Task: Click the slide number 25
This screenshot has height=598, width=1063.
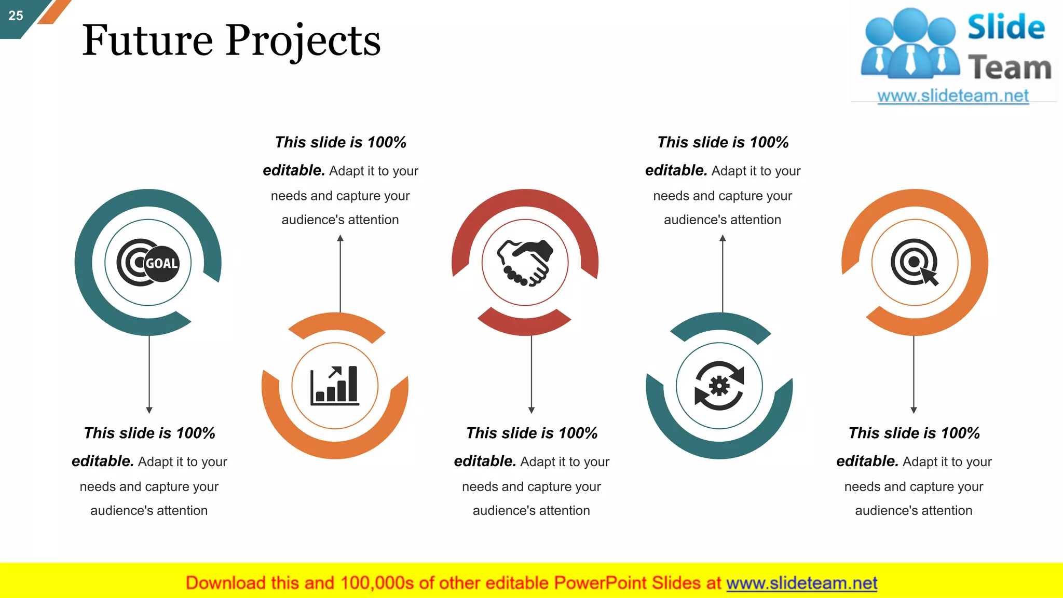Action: click(x=16, y=16)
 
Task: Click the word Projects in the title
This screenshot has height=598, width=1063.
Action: click(x=303, y=42)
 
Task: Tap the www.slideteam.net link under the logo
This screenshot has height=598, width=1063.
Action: click(x=952, y=96)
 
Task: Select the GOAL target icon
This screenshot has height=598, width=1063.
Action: click(x=148, y=263)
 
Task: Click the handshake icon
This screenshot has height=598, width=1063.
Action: click(x=525, y=263)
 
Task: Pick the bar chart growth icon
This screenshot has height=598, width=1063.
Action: click(x=335, y=386)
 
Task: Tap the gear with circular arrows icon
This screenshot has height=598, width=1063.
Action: click(x=719, y=386)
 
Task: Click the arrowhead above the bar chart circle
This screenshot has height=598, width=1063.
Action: click(x=340, y=238)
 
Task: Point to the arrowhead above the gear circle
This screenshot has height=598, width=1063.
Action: click(x=723, y=238)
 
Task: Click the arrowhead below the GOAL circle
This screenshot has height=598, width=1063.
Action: click(x=149, y=410)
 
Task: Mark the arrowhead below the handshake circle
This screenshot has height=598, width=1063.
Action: click(x=531, y=410)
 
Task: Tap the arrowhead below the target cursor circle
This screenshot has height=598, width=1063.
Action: click(x=914, y=410)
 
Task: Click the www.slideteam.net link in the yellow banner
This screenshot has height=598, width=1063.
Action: click(x=801, y=583)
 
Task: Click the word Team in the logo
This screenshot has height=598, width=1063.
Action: click(x=1010, y=68)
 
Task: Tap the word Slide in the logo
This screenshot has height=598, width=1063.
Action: click(x=1006, y=27)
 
